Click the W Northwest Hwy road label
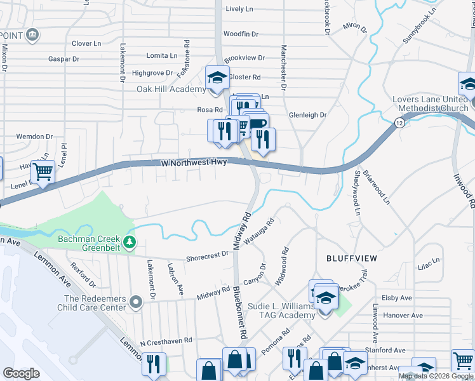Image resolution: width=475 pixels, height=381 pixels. coord(194,163)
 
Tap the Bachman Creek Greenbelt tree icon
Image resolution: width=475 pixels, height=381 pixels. coord(130,241)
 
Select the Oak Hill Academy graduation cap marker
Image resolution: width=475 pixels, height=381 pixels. coord(217,77)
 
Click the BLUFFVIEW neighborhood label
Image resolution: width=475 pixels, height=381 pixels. coord(351,258)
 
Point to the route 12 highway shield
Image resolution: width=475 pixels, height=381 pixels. coord(398,122)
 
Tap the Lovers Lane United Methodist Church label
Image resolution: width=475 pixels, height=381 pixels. coord(430,104)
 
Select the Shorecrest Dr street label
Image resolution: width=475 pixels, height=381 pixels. coord(207,255)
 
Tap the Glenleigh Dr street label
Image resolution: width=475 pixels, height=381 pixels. coord(307,115)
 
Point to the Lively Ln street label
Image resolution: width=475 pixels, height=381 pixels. coord(239,9)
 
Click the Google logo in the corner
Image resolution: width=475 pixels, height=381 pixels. coord(21,373)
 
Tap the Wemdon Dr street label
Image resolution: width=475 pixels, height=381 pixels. coord(34,137)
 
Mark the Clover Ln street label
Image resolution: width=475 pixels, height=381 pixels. coord(86,43)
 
